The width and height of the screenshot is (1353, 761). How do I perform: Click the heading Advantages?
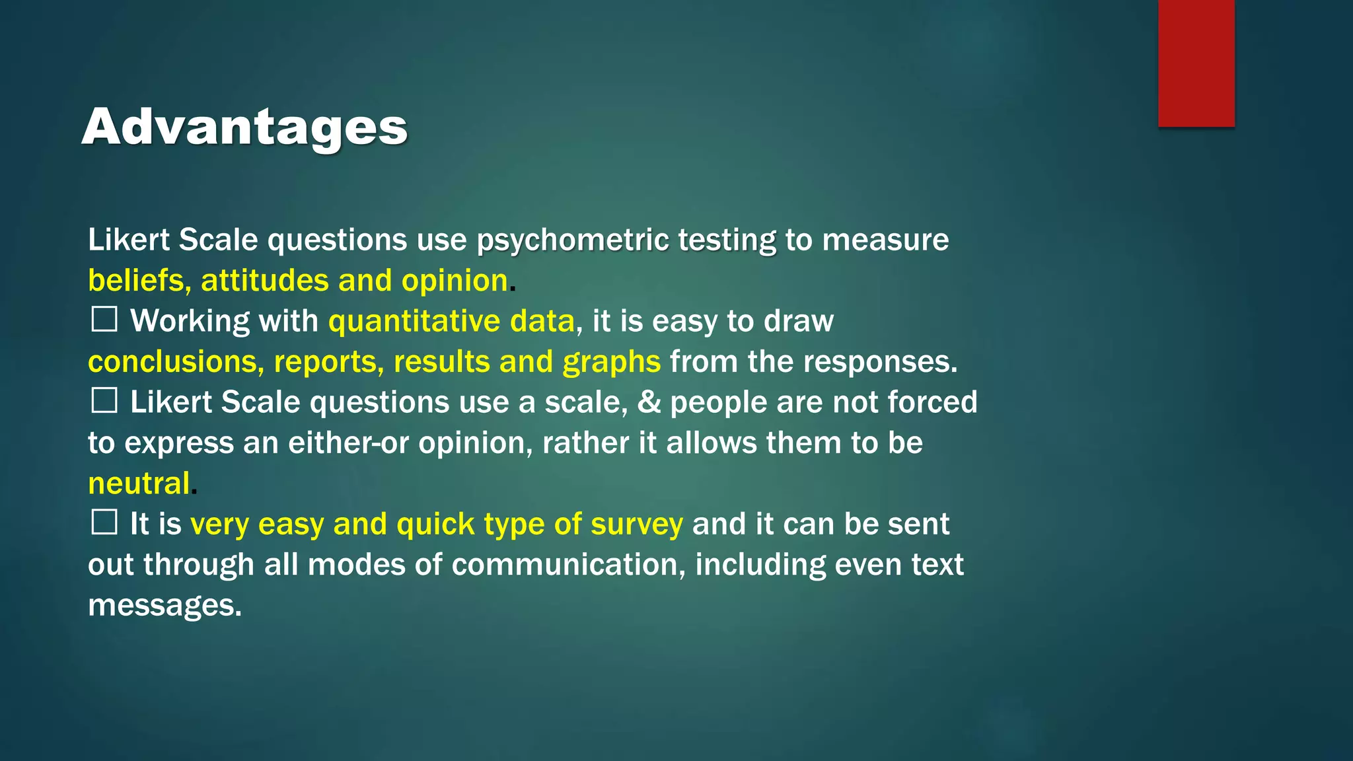tap(244, 126)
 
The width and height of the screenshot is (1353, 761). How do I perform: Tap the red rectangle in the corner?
tap(1196, 63)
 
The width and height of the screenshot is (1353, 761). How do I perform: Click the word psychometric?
tap(573, 240)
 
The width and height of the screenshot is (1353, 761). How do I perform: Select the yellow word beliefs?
tap(135, 281)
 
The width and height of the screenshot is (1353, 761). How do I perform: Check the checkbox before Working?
tap(104, 320)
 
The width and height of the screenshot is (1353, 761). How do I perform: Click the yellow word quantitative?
tap(414, 322)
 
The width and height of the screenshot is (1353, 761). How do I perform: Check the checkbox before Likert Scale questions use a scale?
tap(104, 401)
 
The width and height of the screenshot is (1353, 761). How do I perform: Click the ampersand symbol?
tap(649, 402)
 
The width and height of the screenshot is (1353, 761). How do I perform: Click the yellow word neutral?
tap(139, 484)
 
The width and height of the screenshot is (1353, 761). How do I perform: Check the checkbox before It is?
tap(104, 523)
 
